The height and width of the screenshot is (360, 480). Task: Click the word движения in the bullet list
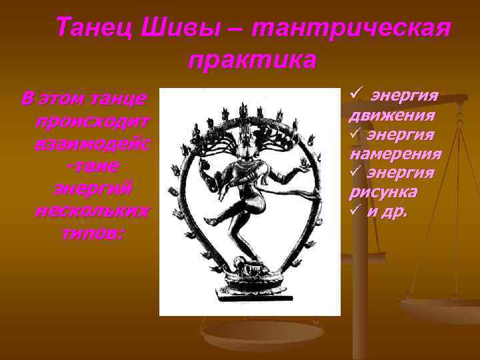point(393,115)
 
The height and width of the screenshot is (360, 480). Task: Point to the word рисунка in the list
point(384,192)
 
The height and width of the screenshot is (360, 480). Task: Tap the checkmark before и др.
point(354,211)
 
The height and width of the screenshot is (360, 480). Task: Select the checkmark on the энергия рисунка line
point(354,173)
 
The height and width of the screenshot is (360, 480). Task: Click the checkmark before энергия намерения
point(354,134)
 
